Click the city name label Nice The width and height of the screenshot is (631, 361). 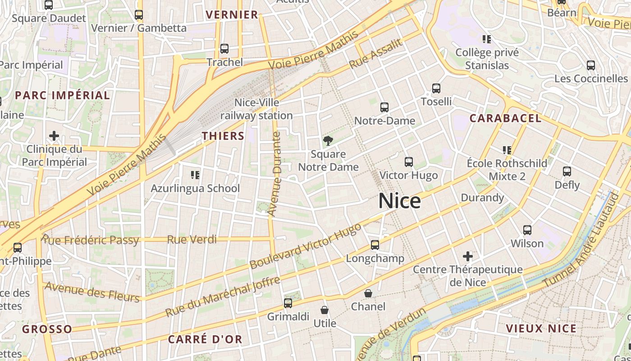click(400, 201)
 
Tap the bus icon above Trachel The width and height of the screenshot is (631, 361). click(224, 49)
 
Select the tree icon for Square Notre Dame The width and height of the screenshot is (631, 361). click(328, 140)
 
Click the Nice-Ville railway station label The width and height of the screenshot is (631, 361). click(256, 109)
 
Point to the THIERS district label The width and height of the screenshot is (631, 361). click(223, 136)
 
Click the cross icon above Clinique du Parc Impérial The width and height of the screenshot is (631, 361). click(54, 135)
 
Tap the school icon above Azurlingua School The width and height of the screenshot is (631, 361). click(195, 175)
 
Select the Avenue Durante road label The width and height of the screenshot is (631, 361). click(274, 174)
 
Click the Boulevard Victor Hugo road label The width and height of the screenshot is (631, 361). click(306, 246)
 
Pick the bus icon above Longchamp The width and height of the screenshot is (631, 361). click(375, 245)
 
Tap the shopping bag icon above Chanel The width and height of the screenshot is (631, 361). click(368, 293)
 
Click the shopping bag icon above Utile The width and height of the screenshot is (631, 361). click(325, 310)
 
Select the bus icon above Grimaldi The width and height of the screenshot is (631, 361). click(288, 303)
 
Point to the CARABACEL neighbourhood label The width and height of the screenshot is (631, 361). click(505, 118)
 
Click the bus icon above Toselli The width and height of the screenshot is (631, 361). click(436, 88)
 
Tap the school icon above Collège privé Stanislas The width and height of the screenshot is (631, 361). click(486, 39)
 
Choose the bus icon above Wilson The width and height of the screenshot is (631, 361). click(527, 230)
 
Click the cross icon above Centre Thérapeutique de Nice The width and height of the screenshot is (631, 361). click(468, 256)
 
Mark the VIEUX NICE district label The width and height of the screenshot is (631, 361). click(541, 329)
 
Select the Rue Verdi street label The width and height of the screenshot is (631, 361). click(192, 240)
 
